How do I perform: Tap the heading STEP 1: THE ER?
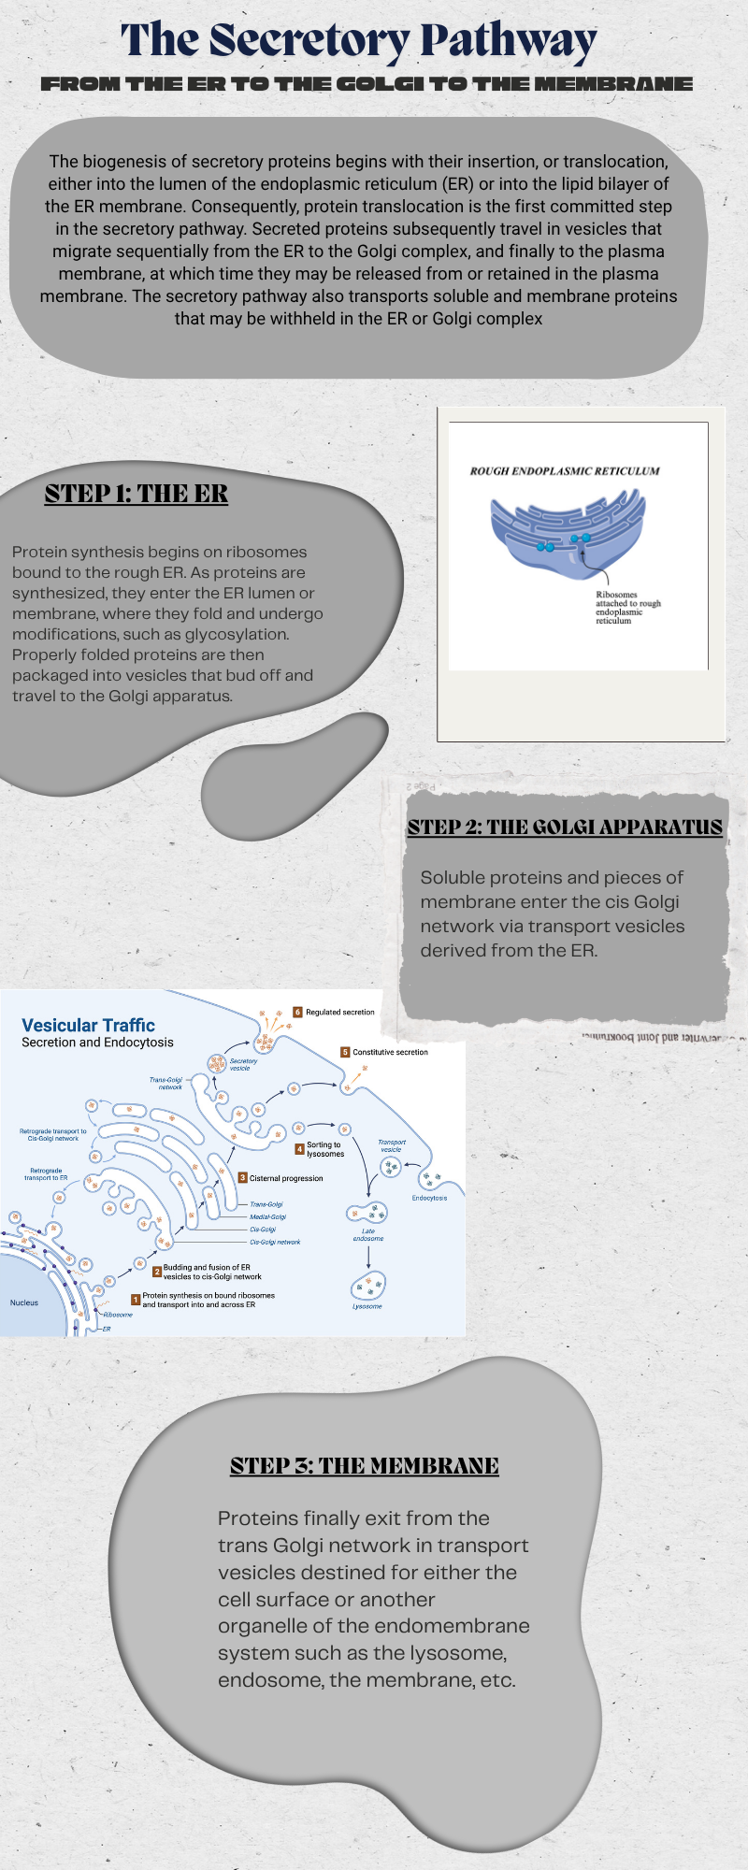click(137, 494)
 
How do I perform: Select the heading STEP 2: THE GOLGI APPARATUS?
click(565, 827)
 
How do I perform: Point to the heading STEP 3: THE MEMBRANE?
click(365, 1465)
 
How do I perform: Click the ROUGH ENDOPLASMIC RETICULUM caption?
click(564, 471)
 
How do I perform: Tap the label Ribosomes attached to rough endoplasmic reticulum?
click(627, 608)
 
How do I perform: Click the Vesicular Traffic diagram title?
click(88, 1025)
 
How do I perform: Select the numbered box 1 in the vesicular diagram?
click(136, 1300)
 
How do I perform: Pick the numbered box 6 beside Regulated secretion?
click(297, 1012)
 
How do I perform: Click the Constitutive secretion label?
click(390, 1052)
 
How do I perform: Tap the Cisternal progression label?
click(286, 1178)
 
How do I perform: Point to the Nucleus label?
click(24, 1302)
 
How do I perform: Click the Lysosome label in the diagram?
click(367, 1306)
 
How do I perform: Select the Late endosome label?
click(368, 1235)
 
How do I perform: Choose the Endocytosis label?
click(429, 1198)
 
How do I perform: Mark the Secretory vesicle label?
click(243, 1064)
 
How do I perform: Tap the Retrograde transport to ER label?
click(46, 1173)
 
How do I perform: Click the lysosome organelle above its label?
click(368, 1287)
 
